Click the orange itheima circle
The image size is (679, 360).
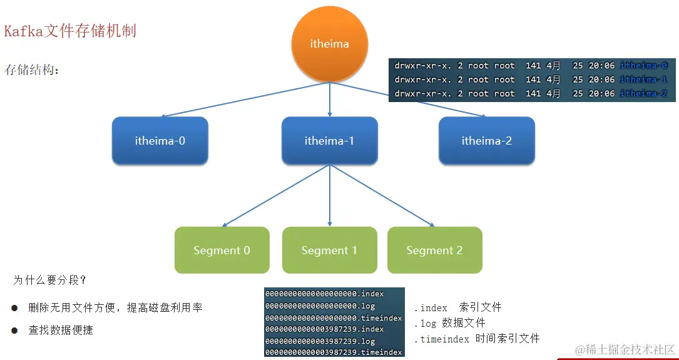329,44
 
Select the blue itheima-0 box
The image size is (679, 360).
160,141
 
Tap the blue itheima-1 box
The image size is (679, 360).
329,141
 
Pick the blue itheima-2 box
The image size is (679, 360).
486,141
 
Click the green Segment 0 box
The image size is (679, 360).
222,250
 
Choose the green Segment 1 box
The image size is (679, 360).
329,250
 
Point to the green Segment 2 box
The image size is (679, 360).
434,250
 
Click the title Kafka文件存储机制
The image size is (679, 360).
70,31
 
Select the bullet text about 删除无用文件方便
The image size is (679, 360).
115,308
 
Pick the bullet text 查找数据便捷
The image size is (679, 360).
61,330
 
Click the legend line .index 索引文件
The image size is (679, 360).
457,307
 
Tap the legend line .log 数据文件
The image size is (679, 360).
449,323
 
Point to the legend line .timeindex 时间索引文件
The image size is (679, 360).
476,339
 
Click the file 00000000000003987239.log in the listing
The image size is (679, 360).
320,341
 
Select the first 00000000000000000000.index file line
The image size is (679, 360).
324,293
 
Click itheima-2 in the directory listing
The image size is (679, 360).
643,94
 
